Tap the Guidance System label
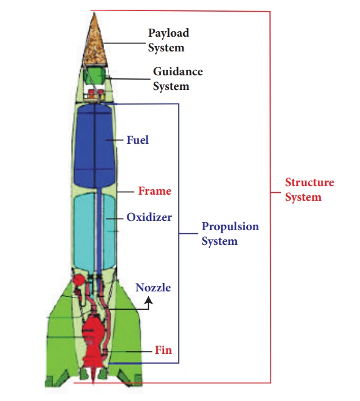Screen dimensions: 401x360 tap(177, 79)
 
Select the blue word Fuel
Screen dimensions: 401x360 tap(138, 140)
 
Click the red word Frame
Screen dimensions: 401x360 tap(154, 191)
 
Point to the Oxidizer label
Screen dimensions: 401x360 tap(149, 217)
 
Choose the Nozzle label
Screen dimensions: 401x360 tap(153, 288)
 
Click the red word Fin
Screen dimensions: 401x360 tap(163, 351)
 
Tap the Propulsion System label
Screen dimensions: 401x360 tap(230, 234)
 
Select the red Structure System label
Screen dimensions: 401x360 tap(309, 190)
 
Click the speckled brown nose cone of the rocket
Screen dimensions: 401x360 tap(95, 43)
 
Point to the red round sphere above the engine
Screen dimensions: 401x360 tap(78, 281)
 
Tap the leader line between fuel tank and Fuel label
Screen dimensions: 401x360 tap(115, 140)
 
